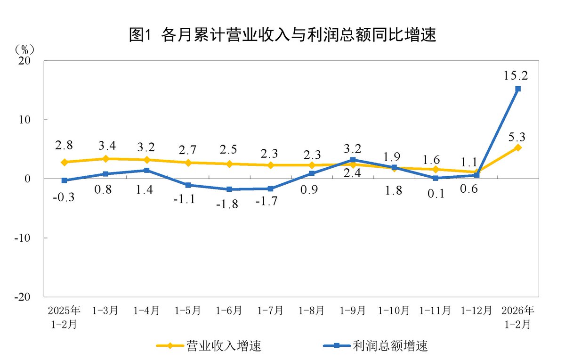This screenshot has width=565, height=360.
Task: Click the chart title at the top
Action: click(282, 35)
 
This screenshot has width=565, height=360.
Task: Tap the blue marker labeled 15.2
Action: click(518, 89)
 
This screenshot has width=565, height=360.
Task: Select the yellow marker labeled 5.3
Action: click(518, 147)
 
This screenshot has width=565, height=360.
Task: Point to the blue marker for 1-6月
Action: click(229, 189)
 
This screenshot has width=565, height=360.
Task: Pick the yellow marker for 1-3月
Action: click(106, 159)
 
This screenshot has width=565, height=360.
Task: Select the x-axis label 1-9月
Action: click(353, 311)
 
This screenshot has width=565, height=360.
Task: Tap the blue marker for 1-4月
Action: click(147, 170)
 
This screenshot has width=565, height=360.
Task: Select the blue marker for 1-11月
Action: click(436, 178)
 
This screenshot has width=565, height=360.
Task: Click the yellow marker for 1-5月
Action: click(188, 163)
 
